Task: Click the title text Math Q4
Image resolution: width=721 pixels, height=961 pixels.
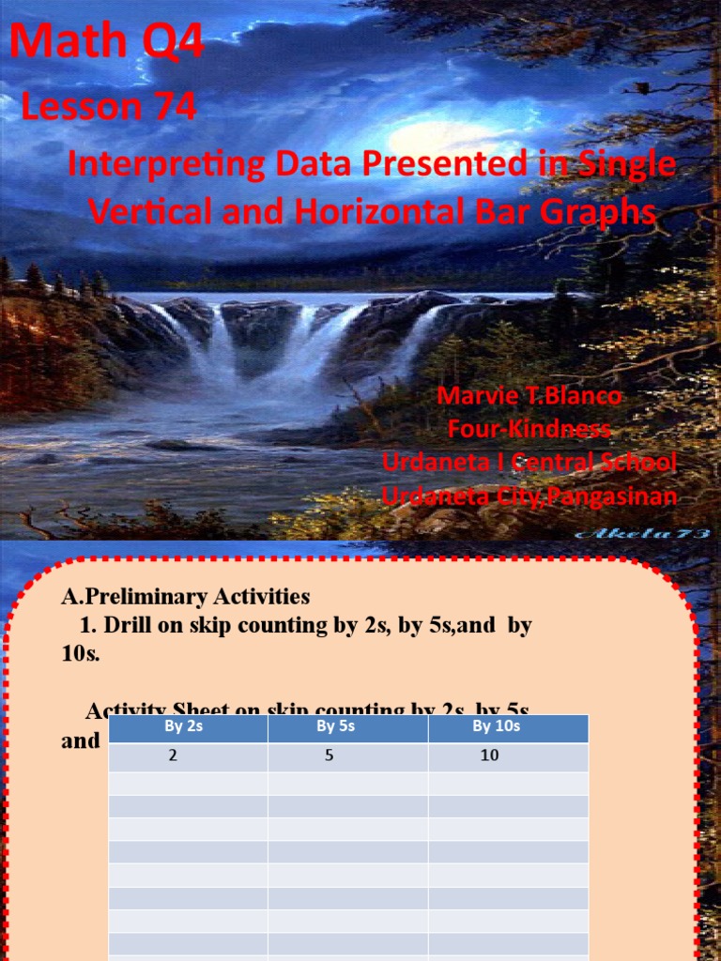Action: [106, 44]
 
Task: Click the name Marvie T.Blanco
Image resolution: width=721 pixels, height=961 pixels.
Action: [529, 396]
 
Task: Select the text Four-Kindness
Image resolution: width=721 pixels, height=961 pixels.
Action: [529, 430]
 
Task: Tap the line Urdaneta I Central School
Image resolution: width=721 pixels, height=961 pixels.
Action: [529, 463]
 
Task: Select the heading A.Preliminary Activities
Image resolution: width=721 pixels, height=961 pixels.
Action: [185, 596]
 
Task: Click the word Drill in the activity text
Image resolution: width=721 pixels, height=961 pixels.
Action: [130, 625]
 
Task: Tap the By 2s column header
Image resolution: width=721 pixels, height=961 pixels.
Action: [188, 726]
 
